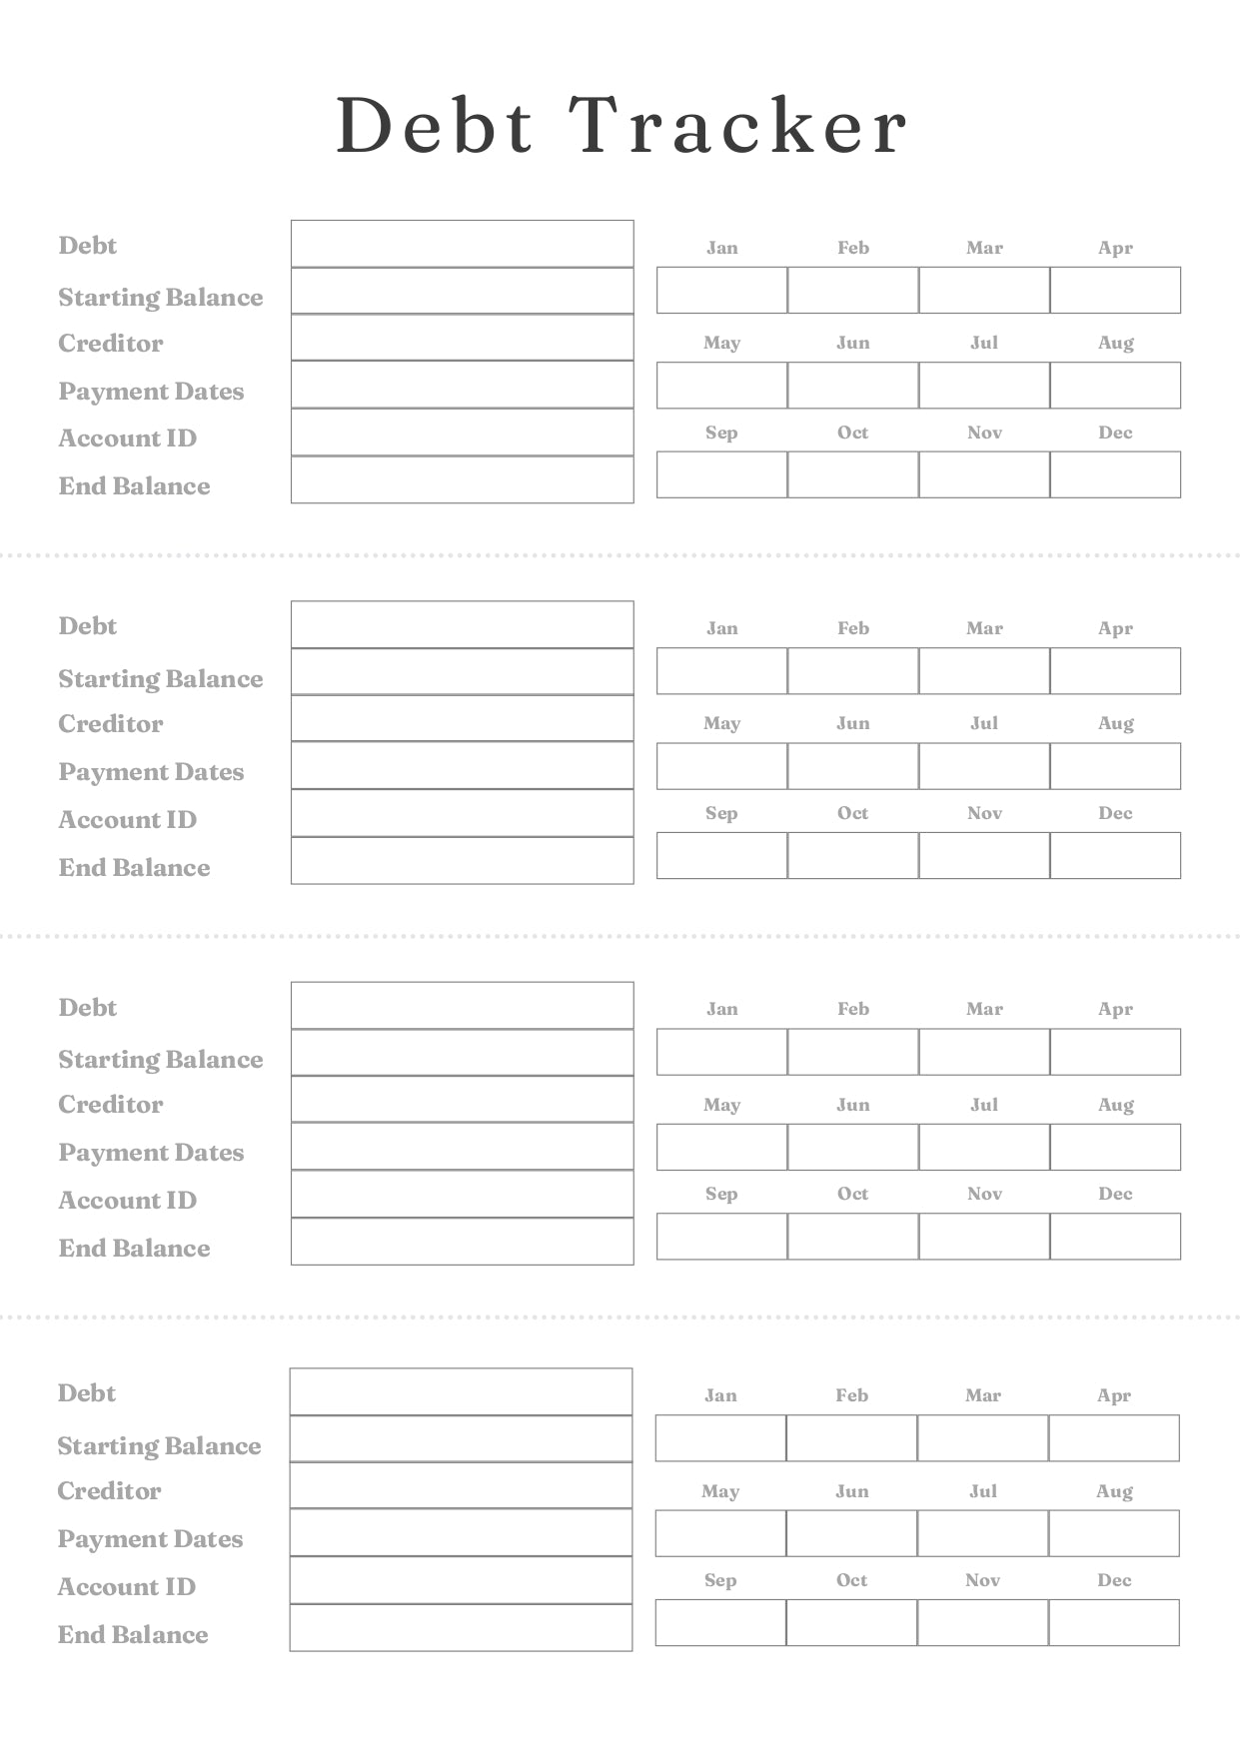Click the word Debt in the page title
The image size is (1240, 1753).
tap(435, 127)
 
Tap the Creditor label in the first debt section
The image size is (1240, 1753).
tap(110, 343)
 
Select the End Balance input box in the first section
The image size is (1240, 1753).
tap(462, 480)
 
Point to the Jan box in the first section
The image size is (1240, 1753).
tap(721, 290)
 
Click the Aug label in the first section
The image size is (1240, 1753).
tap(1115, 343)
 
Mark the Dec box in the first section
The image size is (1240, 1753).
tap(1115, 474)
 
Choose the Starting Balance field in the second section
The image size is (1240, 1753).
tap(462, 671)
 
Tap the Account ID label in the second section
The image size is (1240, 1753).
tap(127, 819)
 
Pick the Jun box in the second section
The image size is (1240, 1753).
tap(852, 766)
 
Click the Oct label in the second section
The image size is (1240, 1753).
tap(852, 813)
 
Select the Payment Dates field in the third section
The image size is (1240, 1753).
tap(462, 1147)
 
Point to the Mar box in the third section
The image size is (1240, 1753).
tap(984, 1052)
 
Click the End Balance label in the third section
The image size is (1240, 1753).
tap(134, 1248)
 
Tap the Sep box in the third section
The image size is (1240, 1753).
tap(721, 1237)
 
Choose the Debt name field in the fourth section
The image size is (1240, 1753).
tap(461, 1391)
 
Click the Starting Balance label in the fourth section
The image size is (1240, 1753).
tap(159, 1445)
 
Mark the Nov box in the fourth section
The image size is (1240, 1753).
tap(982, 1623)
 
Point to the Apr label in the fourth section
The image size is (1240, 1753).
tap(1114, 1395)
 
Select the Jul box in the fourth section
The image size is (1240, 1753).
tap(982, 1533)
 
